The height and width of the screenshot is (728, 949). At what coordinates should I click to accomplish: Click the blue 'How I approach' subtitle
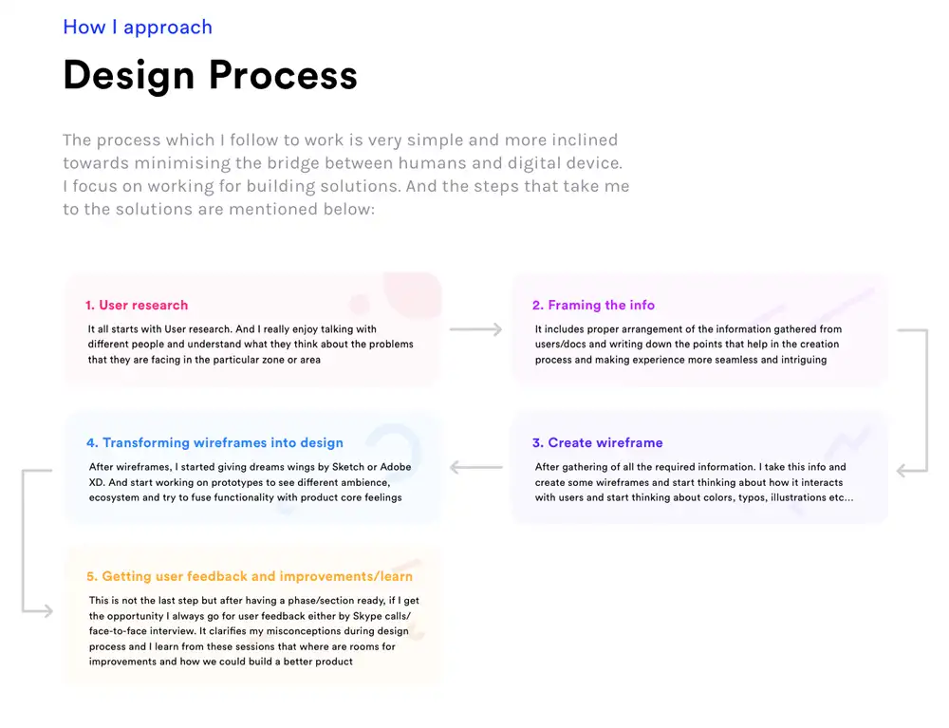coord(138,28)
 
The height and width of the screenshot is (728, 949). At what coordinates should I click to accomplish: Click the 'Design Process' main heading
coord(210,76)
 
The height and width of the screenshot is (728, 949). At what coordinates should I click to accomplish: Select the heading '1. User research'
coord(137,305)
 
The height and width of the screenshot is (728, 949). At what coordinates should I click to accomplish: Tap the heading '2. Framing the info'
coord(594,305)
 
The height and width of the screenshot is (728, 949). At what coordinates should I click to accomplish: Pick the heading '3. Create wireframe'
coord(597,442)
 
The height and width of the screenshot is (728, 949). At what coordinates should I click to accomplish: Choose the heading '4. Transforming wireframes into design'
coord(214,442)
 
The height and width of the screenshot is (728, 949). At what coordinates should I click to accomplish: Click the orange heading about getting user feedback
coord(250,576)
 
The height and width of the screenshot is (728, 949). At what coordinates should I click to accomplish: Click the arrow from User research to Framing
coord(475,329)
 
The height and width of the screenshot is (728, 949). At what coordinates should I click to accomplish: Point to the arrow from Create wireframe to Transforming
coord(475,467)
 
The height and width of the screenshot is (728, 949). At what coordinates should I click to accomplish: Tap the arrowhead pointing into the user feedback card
coord(47,611)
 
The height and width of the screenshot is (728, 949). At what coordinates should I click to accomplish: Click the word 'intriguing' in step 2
coord(803,360)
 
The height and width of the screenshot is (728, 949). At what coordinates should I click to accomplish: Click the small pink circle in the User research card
coord(359,305)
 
